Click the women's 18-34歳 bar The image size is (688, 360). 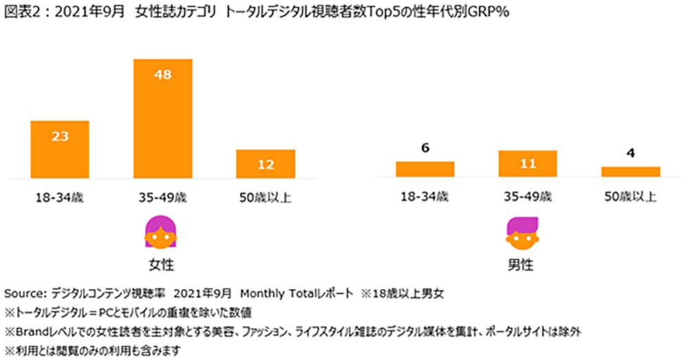[x=60, y=149]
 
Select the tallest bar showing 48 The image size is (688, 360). [x=163, y=118]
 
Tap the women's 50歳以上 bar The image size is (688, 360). [x=266, y=163]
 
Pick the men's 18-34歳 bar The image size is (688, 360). [x=424, y=169]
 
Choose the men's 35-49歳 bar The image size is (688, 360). [x=528, y=164]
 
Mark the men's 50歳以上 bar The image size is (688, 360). [x=630, y=172]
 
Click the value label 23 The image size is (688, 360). [x=60, y=136]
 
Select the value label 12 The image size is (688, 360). [x=266, y=165]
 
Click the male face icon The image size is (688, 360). [x=524, y=233]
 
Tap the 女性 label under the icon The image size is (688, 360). [x=160, y=264]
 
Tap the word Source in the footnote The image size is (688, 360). [x=23, y=293]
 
